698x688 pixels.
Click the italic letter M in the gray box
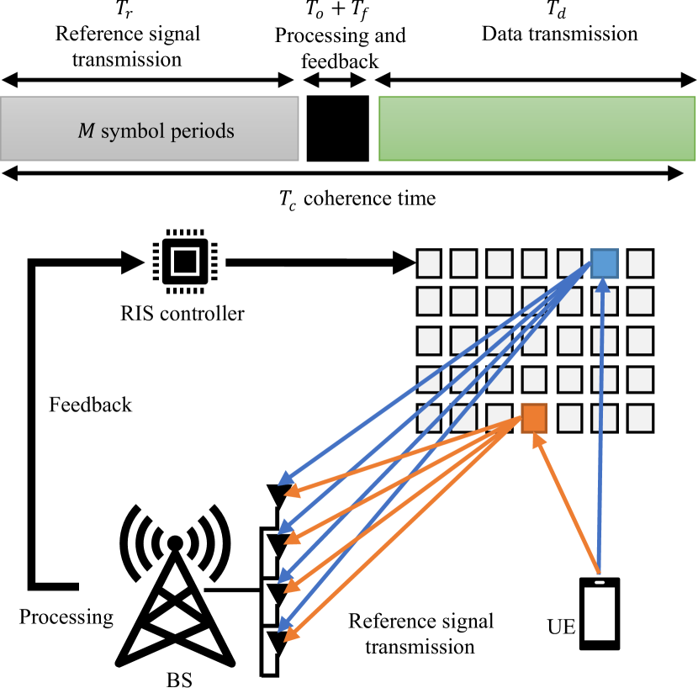(x=86, y=132)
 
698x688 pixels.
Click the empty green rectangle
(x=537, y=128)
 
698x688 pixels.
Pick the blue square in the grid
(x=605, y=263)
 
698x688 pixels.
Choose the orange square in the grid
(x=534, y=418)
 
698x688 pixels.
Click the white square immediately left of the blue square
(x=569, y=263)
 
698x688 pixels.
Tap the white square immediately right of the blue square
(x=640, y=263)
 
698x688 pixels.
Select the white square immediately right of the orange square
(x=569, y=418)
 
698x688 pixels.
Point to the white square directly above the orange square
(x=534, y=379)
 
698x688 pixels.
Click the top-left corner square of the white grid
(x=429, y=263)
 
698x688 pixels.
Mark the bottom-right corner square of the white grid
(x=640, y=418)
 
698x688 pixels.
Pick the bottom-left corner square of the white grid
(x=429, y=418)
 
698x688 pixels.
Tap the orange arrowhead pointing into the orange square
(x=537, y=439)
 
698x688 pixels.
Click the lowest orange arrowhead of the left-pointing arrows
(x=291, y=636)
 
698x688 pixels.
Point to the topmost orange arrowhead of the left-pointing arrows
(x=292, y=491)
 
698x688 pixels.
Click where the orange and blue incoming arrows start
(x=598, y=572)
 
